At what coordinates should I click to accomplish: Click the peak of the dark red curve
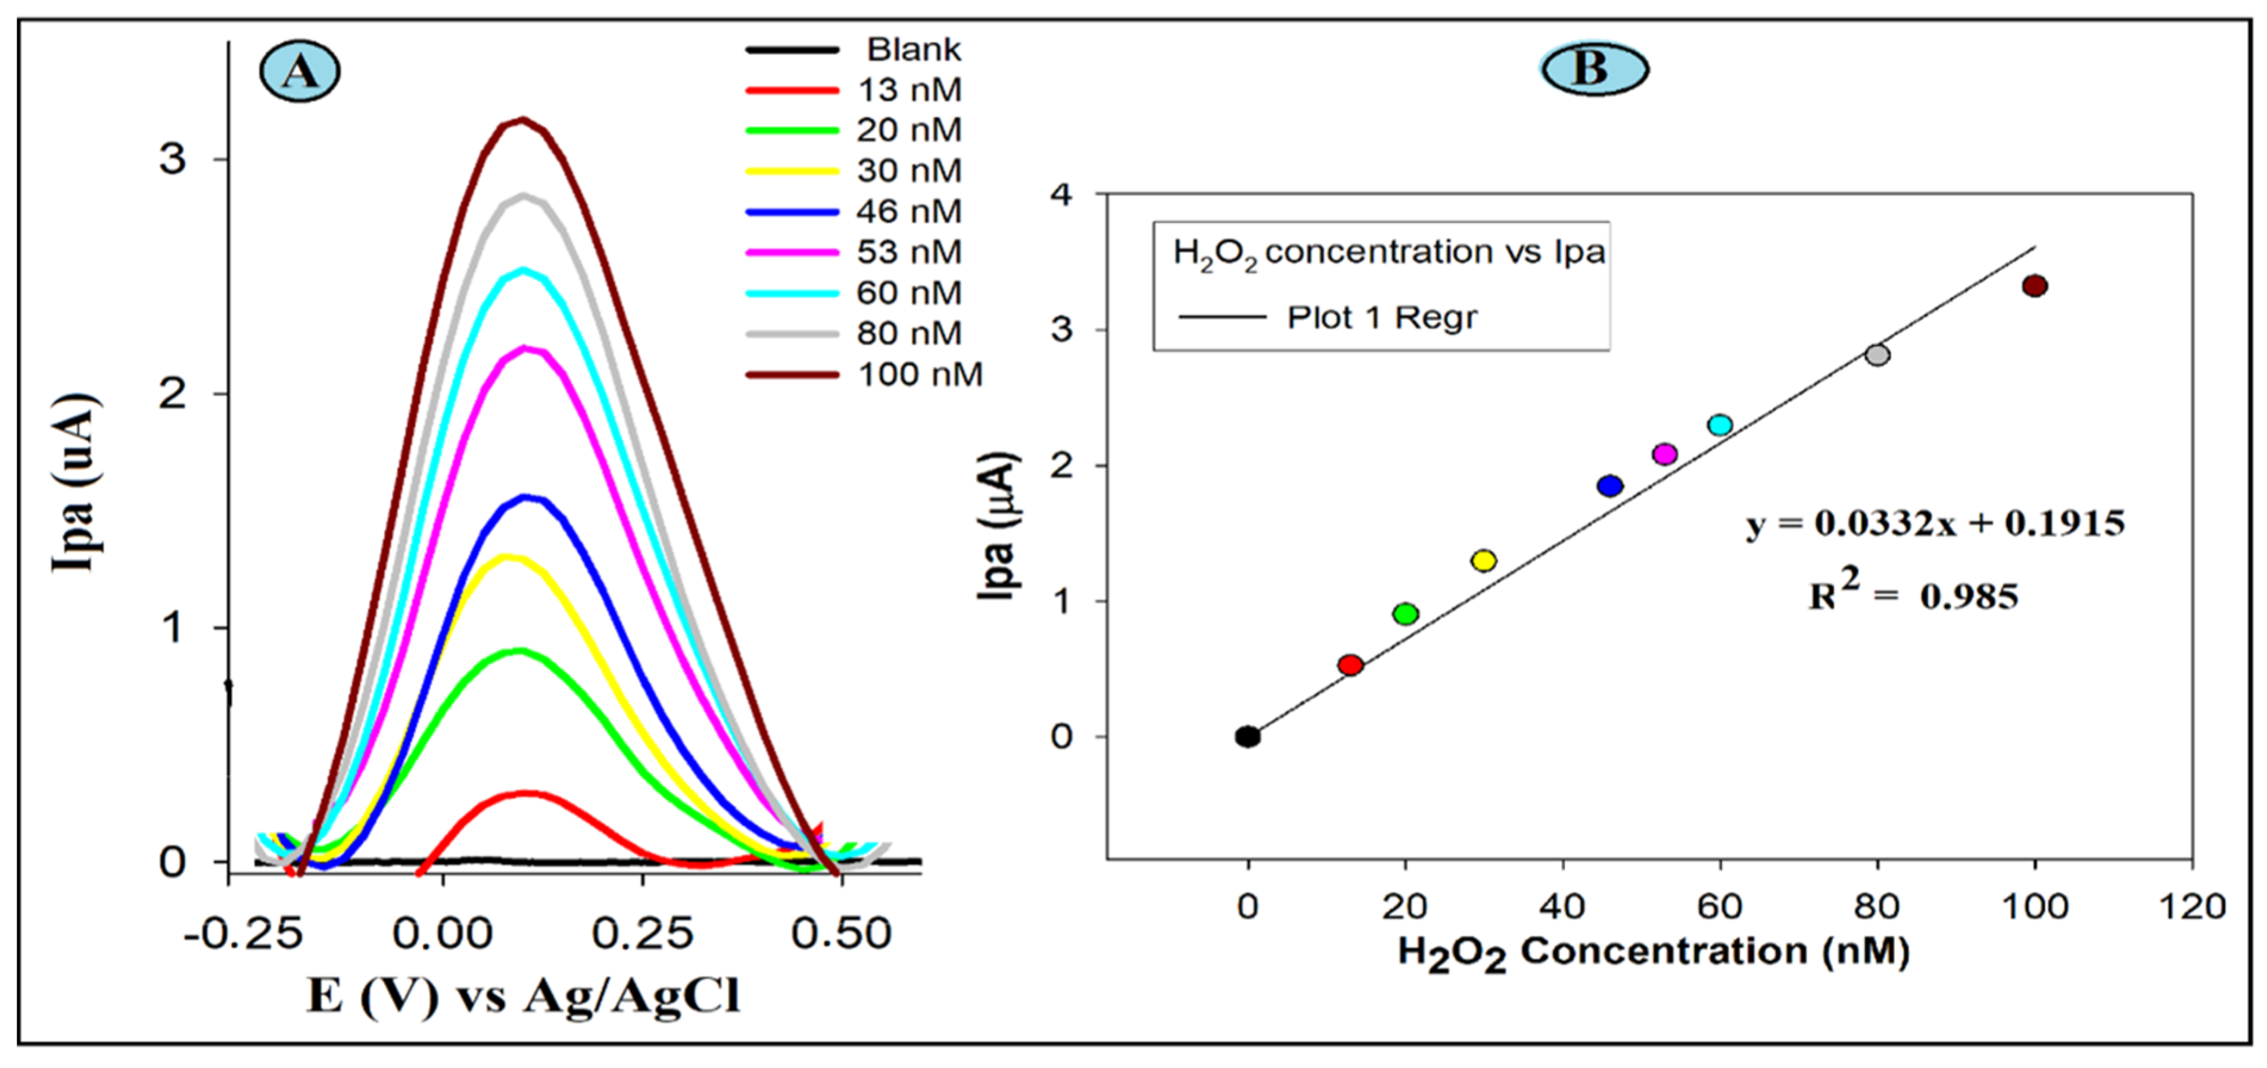tap(523, 120)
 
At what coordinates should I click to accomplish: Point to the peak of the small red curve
tap(525, 794)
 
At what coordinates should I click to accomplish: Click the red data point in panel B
tap(1350, 665)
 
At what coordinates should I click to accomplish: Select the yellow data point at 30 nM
tap(1484, 560)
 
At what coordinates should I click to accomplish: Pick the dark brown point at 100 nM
tap(2034, 286)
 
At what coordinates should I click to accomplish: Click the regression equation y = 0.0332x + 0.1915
tap(1935, 523)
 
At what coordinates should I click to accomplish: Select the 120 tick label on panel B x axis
tap(2192, 906)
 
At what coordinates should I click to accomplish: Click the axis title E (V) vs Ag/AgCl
tap(523, 997)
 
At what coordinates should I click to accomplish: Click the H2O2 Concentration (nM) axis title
tap(1653, 953)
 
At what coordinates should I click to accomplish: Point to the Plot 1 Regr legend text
tap(1382, 317)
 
